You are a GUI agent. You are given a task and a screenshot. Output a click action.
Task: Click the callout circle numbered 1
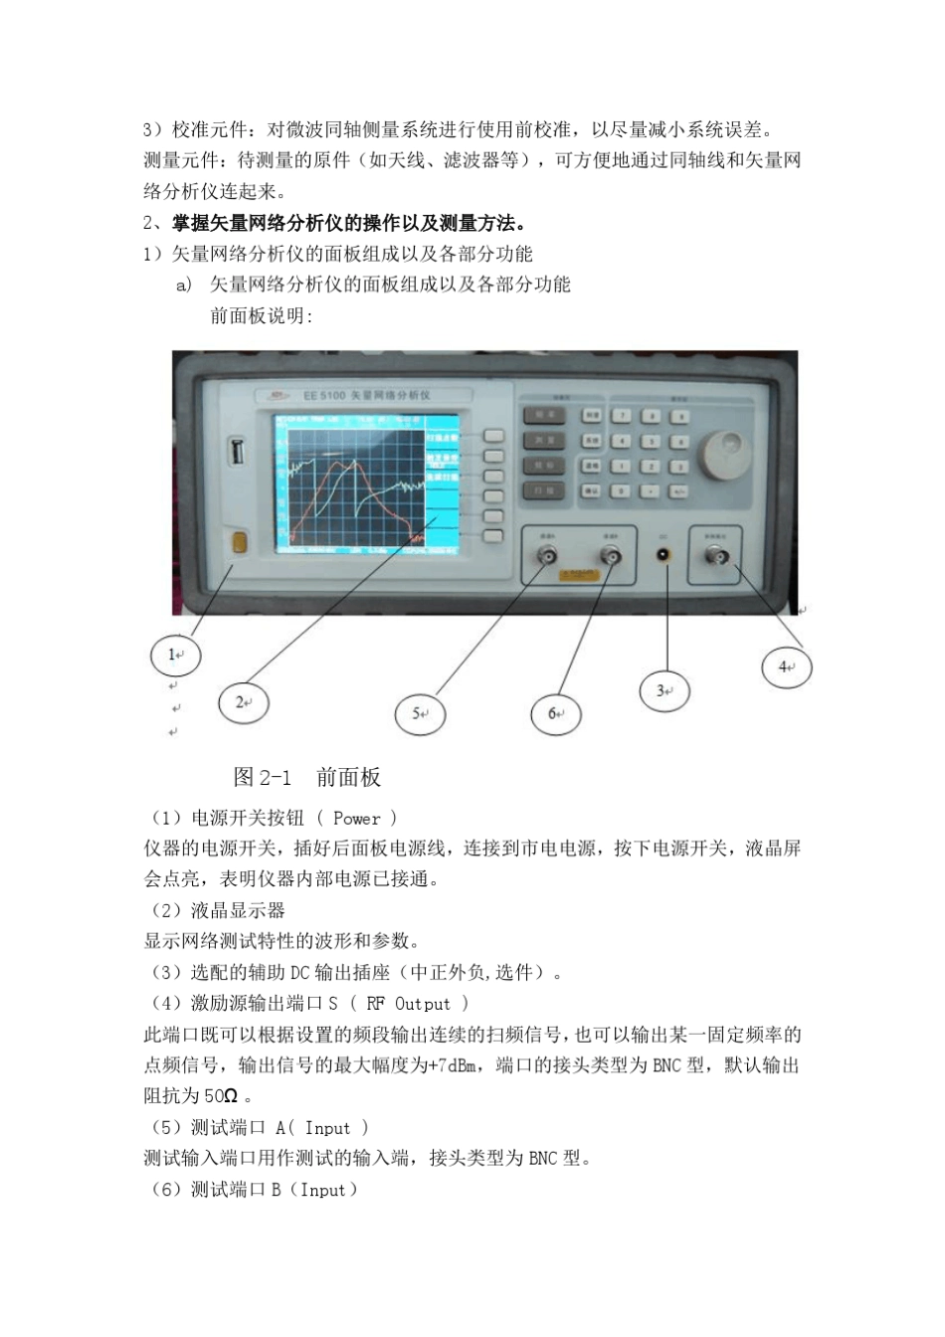(175, 655)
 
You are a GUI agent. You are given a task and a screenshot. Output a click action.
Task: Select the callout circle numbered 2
(243, 702)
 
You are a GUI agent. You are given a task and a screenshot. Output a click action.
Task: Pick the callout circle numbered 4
(787, 668)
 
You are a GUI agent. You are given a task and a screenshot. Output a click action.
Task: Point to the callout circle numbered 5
(421, 713)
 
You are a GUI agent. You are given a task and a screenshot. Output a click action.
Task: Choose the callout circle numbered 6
(557, 713)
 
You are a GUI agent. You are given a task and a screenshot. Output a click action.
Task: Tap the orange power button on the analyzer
(239, 542)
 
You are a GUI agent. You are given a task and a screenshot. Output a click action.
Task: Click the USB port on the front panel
(238, 453)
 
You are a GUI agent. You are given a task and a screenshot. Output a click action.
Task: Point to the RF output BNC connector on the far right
(716, 558)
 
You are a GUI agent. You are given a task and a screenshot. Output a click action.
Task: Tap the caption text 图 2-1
(263, 778)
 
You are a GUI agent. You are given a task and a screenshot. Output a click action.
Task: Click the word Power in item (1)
(356, 819)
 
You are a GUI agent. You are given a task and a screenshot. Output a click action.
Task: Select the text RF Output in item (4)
(408, 1005)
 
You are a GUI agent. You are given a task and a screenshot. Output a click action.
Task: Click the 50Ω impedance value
(221, 1097)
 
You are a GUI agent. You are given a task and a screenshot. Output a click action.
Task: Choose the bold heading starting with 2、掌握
(334, 222)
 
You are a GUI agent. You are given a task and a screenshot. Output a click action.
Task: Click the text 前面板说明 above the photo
(261, 315)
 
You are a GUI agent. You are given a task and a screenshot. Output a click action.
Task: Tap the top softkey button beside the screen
(493, 437)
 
